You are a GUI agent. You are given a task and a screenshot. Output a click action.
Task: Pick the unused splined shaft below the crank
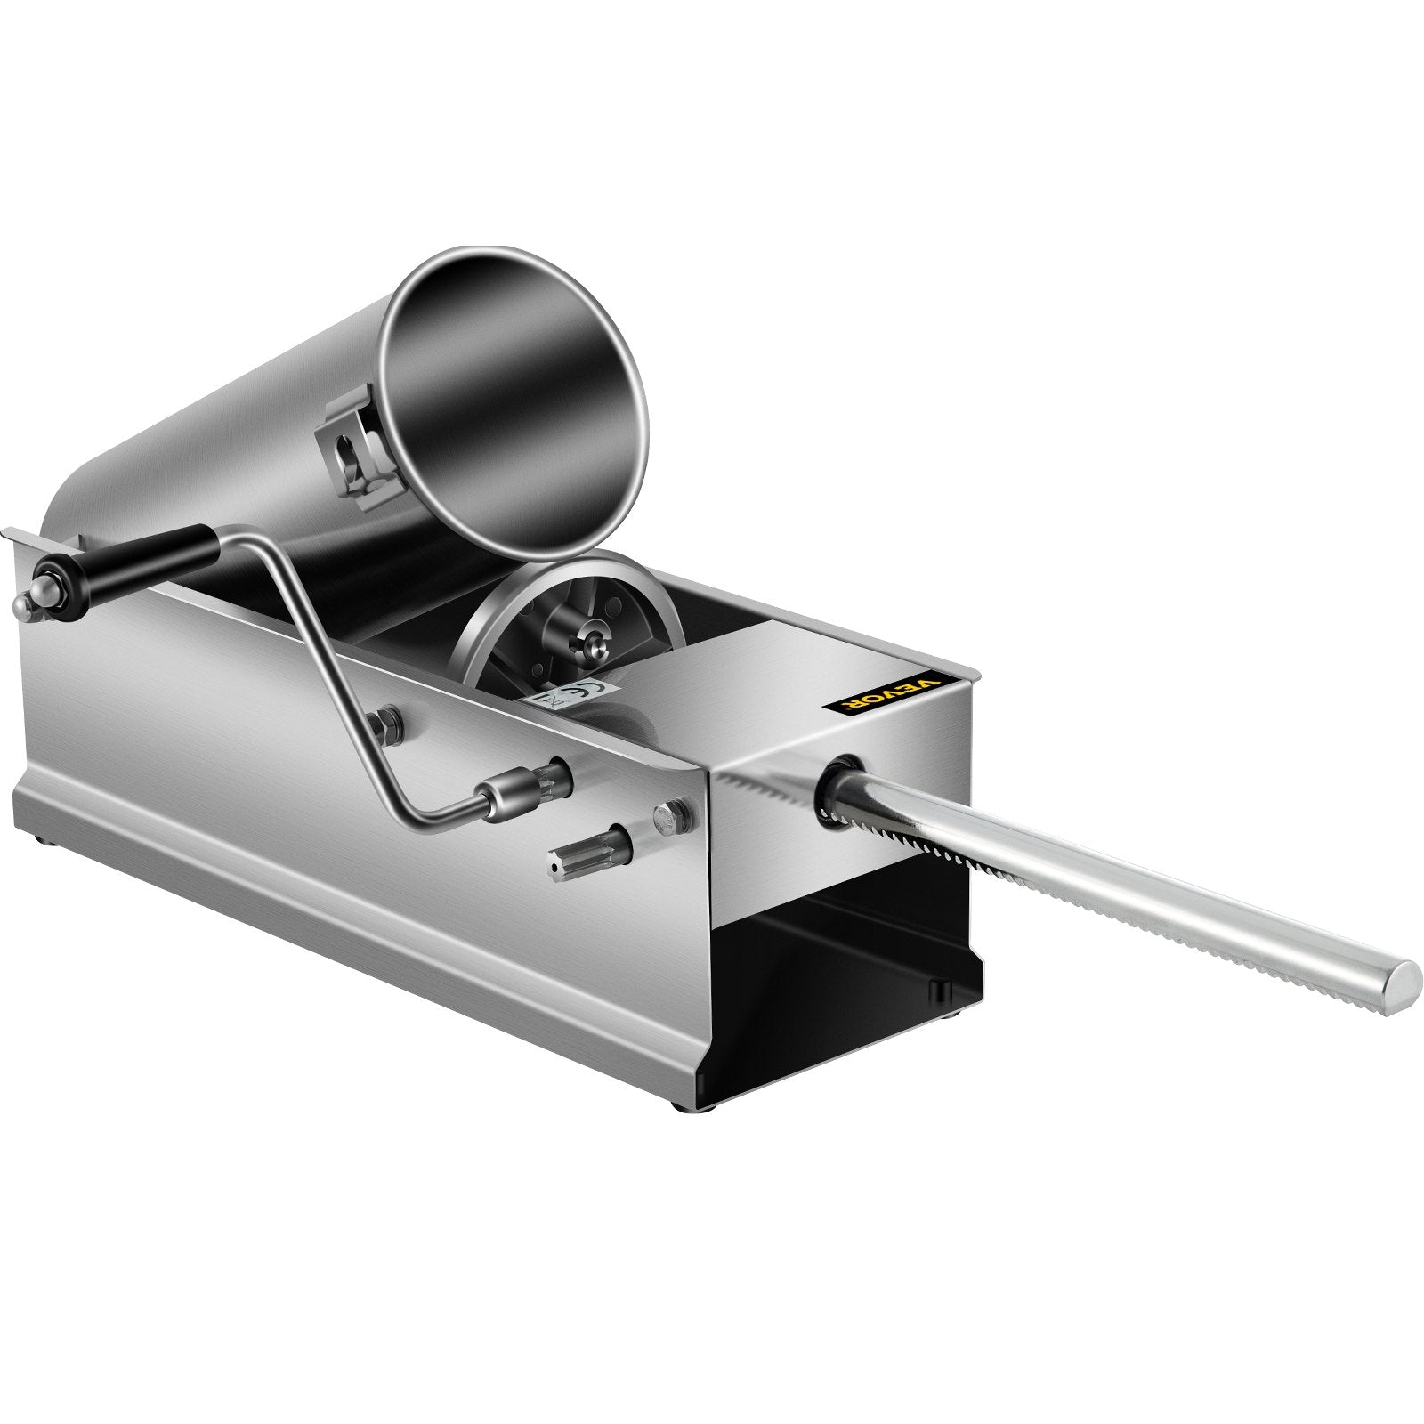(x=593, y=840)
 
